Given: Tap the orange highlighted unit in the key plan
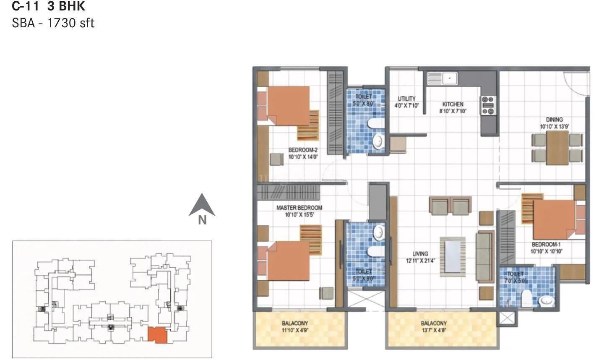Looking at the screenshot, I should point(157,335).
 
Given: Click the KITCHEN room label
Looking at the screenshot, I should point(453,104).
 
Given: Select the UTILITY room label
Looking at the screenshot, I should point(406,99).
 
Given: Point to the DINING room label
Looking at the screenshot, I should point(554,120).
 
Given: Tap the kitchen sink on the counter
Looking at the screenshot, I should point(443,78).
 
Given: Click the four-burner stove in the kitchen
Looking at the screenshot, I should point(488,105).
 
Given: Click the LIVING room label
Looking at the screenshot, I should point(420,254).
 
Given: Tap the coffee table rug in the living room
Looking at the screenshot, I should point(453,256).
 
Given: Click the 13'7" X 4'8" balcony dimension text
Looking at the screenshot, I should point(434,330).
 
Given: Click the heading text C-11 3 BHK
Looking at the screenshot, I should point(49,6).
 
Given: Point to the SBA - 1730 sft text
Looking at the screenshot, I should point(53,23).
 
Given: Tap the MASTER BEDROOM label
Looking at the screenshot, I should point(299,208).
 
